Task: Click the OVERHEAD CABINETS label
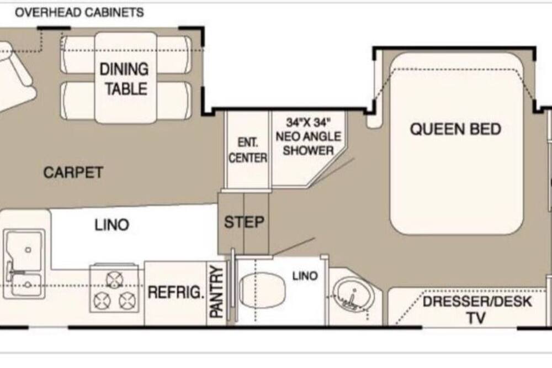[x=79, y=13]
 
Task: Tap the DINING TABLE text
[x=124, y=78]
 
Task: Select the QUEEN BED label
[x=455, y=129]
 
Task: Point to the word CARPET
[x=73, y=172]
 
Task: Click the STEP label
[x=244, y=222]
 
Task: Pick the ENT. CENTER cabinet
[x=248, y=149]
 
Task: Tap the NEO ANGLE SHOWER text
[x=309, y=144]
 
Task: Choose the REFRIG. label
[x=176, y=292]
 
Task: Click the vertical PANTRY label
[x=216, y=292]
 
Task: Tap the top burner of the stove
[x=114, y=280]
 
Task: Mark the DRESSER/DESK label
[x=477, y=302]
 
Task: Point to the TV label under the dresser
[x=476, y=318]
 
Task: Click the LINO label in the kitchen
[x=112, y=225]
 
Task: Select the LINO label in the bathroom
[x=305, y=276]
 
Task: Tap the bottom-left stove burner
[x=102, y=301]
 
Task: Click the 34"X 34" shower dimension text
[x=309, y=122]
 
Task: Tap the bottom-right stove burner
[x=127, y=301]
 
